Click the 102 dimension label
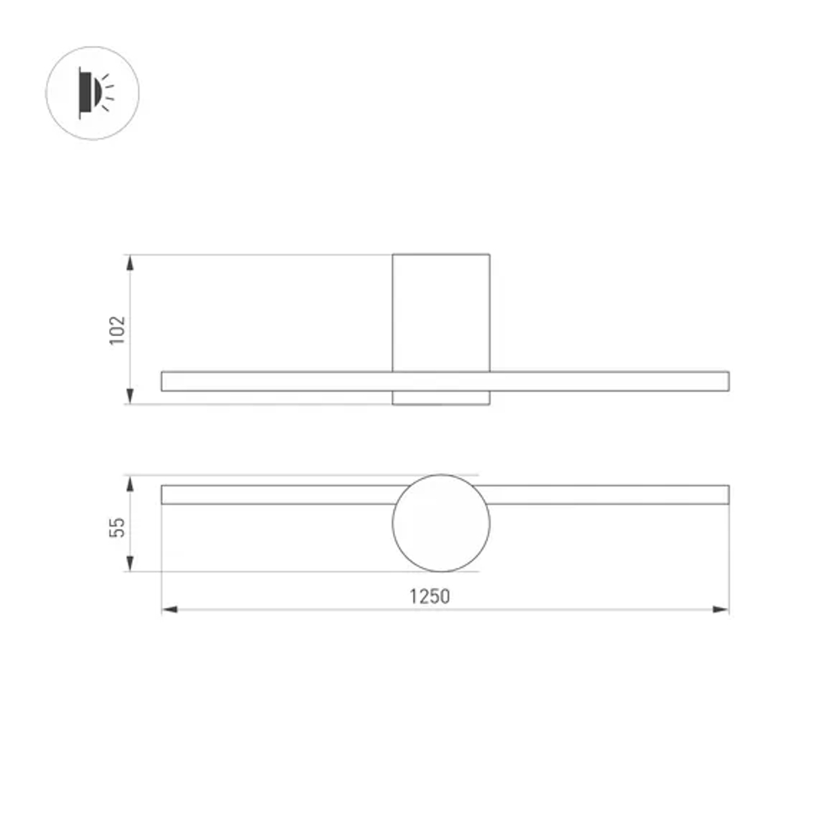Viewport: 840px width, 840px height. click(118, 329)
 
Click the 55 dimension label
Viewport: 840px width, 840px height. click(118, 527)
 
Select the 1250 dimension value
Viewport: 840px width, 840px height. click(429, 596)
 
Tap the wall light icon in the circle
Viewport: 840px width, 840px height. click(92, 92)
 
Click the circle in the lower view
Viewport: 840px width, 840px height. click(441, 522)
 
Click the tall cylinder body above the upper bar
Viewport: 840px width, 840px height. click(441, 311)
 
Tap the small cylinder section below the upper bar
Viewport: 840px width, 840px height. click(441, 397)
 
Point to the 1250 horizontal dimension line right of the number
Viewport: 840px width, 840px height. click(588, 609)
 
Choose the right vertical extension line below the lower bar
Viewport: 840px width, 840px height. click(728, 559)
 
